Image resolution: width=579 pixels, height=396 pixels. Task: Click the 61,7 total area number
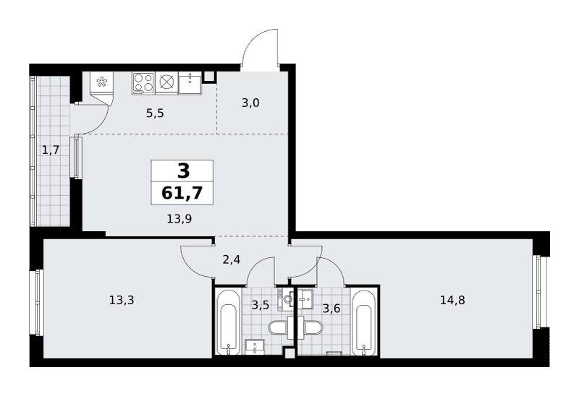182,193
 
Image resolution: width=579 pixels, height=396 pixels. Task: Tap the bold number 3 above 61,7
184,171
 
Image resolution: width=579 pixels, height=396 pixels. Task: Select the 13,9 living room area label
179,220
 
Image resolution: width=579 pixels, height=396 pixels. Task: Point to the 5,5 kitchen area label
155,113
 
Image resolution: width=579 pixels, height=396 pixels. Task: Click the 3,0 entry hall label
250,103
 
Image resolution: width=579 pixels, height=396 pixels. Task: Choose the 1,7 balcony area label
51,150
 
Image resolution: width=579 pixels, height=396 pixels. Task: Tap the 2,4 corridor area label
232,260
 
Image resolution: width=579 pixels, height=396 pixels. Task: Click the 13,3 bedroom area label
122,300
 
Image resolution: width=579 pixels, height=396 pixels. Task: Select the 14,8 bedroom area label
452,300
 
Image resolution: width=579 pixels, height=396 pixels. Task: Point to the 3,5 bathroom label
260,305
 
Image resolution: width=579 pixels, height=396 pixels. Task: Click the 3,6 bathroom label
331,309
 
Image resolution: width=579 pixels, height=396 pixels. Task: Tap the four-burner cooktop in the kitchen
143,82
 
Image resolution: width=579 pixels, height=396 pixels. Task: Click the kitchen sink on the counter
190,83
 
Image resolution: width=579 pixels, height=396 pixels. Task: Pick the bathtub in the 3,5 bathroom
228,322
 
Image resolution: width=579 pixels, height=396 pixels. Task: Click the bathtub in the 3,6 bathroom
364,322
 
